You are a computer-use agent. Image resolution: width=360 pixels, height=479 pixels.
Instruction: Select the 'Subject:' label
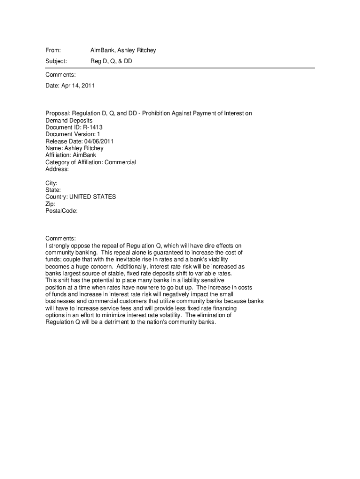56,61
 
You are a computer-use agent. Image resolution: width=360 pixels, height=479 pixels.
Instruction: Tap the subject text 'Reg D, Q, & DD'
111,61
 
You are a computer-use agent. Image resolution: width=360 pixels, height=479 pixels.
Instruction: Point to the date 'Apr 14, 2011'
78,86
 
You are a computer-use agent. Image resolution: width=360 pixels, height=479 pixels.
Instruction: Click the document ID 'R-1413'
93,127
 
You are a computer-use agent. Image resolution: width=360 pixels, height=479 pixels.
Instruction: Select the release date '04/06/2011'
99,141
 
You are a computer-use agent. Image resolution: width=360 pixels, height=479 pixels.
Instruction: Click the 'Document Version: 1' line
73,134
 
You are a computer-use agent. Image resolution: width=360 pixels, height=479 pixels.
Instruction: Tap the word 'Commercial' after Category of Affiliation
120,162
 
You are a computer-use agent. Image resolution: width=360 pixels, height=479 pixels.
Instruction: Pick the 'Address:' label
57,169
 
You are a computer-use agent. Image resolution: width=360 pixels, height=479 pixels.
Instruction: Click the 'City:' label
51,183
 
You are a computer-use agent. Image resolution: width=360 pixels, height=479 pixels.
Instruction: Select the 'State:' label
53,190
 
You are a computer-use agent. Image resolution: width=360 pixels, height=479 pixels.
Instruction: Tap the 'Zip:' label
50,204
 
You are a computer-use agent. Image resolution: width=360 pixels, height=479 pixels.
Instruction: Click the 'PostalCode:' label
62,211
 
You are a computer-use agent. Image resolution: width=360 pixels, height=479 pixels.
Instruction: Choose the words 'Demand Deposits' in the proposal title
69,120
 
